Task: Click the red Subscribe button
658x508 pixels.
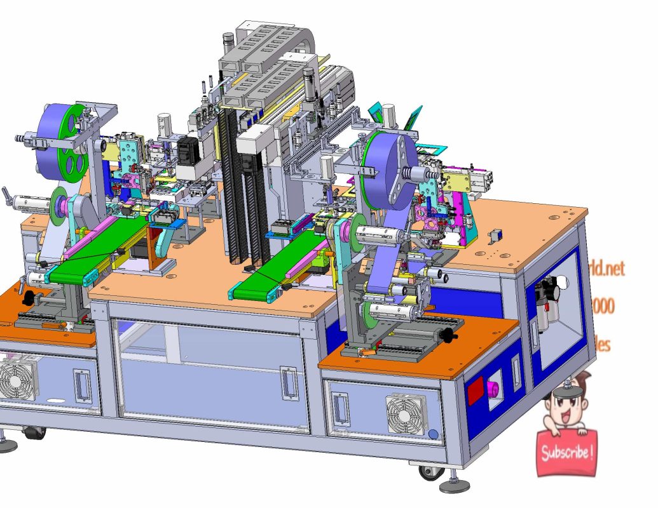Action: [566, 453]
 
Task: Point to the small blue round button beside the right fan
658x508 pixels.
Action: [434, 434]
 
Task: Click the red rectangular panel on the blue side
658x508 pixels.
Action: [476, 392]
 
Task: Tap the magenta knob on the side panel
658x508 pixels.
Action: [492, 387]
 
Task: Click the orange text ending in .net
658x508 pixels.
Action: [609, 268]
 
